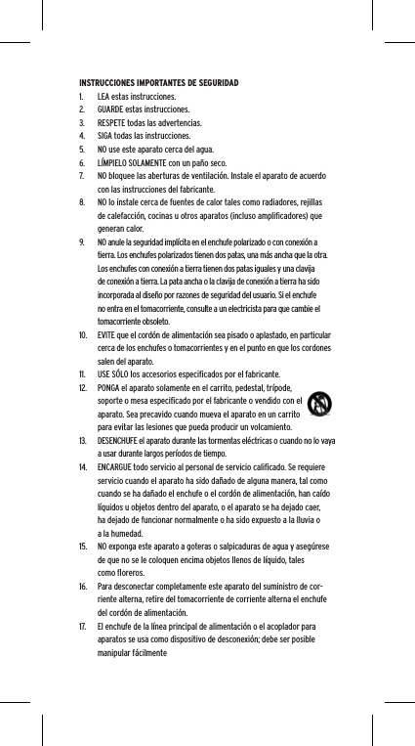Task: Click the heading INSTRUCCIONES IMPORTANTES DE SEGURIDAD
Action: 156,84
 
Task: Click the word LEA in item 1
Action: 104,98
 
